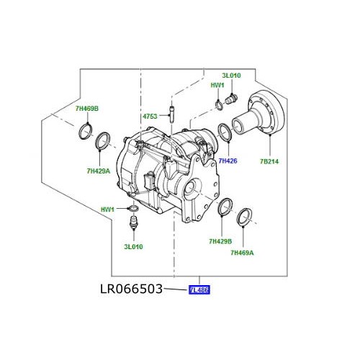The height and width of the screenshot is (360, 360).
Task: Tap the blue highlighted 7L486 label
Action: [x=198, y=291]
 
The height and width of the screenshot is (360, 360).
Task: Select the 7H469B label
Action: [x=87, y=109]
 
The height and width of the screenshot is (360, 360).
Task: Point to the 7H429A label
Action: [x=98, y=171]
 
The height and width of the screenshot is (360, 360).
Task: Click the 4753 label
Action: [x=150, y=116]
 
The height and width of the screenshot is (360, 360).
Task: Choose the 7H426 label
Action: [x=228, y=161]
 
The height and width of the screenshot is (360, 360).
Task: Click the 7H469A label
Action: [x=243, y=253]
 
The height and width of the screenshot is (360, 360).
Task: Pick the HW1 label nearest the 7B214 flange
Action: [x=217, y=85]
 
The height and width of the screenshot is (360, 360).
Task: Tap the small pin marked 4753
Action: [x=171, y=115]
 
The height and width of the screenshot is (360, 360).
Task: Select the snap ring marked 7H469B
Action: [x=84, y=132]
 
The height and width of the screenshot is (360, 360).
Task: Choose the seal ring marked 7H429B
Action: [x=222, y=207]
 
